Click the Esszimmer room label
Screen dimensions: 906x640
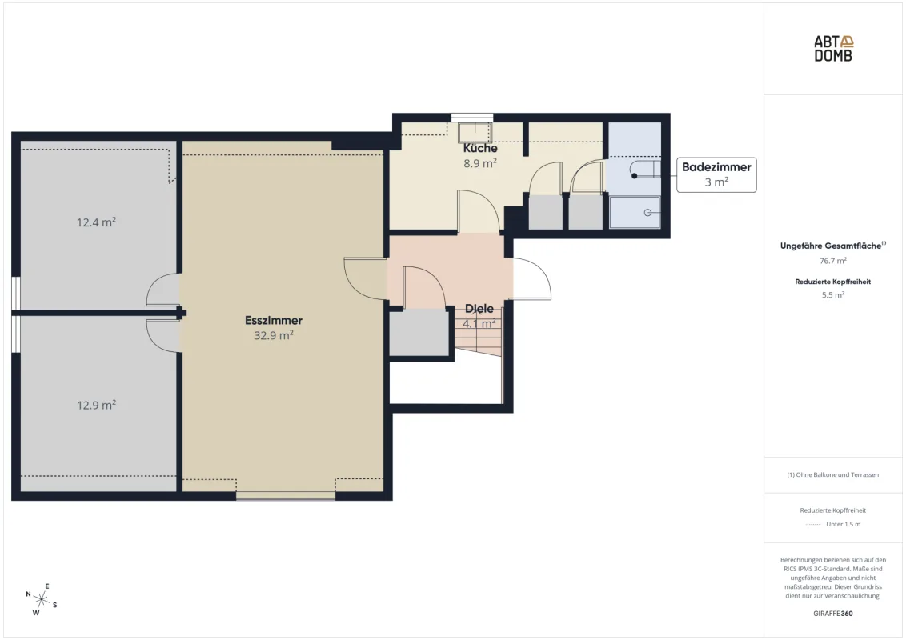click(273, 320)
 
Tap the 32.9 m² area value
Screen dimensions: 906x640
click(273, 335)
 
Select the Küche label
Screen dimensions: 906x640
click(480, 148)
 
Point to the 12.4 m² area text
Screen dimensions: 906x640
click(97, 222)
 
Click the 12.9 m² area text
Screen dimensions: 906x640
click(97, 405)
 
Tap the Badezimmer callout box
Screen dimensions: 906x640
click(716, 174)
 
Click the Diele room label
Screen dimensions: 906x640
click(479, 309)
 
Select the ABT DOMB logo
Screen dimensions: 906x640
click(833, 49)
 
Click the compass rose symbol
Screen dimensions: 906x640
click(42, 600)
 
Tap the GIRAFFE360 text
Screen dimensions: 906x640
click(832, 614)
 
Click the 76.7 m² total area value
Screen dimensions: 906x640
click(832, 261)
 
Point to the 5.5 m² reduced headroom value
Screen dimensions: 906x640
click(832, 294)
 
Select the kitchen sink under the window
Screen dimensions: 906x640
click(475, 132)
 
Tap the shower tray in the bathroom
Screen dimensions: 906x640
click(635, 212)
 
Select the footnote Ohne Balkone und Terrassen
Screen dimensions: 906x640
click(832, 475)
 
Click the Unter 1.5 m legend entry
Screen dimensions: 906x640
click(843, 525)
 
